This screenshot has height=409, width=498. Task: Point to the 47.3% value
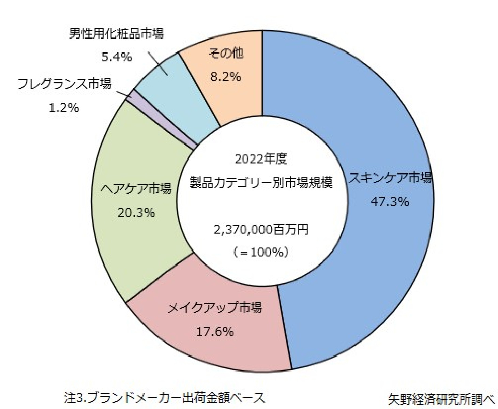(390, 202)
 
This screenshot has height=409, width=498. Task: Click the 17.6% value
(215, 331)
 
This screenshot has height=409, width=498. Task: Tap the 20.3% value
(136, 212)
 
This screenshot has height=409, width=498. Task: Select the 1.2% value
(64, 108)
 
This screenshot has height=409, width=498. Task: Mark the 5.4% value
(117, 57)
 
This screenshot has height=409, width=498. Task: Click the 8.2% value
(225, 77)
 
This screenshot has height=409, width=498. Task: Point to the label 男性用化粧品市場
(117, 33)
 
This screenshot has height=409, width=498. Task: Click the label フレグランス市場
(64, 84)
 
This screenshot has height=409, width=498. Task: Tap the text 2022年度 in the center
(261, 159)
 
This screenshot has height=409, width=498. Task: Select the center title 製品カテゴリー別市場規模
(261, 183)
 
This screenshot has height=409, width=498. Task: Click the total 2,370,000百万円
(261, 229)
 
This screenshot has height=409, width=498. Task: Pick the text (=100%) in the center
(261, 253)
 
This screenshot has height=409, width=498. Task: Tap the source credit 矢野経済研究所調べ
(441, 399)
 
